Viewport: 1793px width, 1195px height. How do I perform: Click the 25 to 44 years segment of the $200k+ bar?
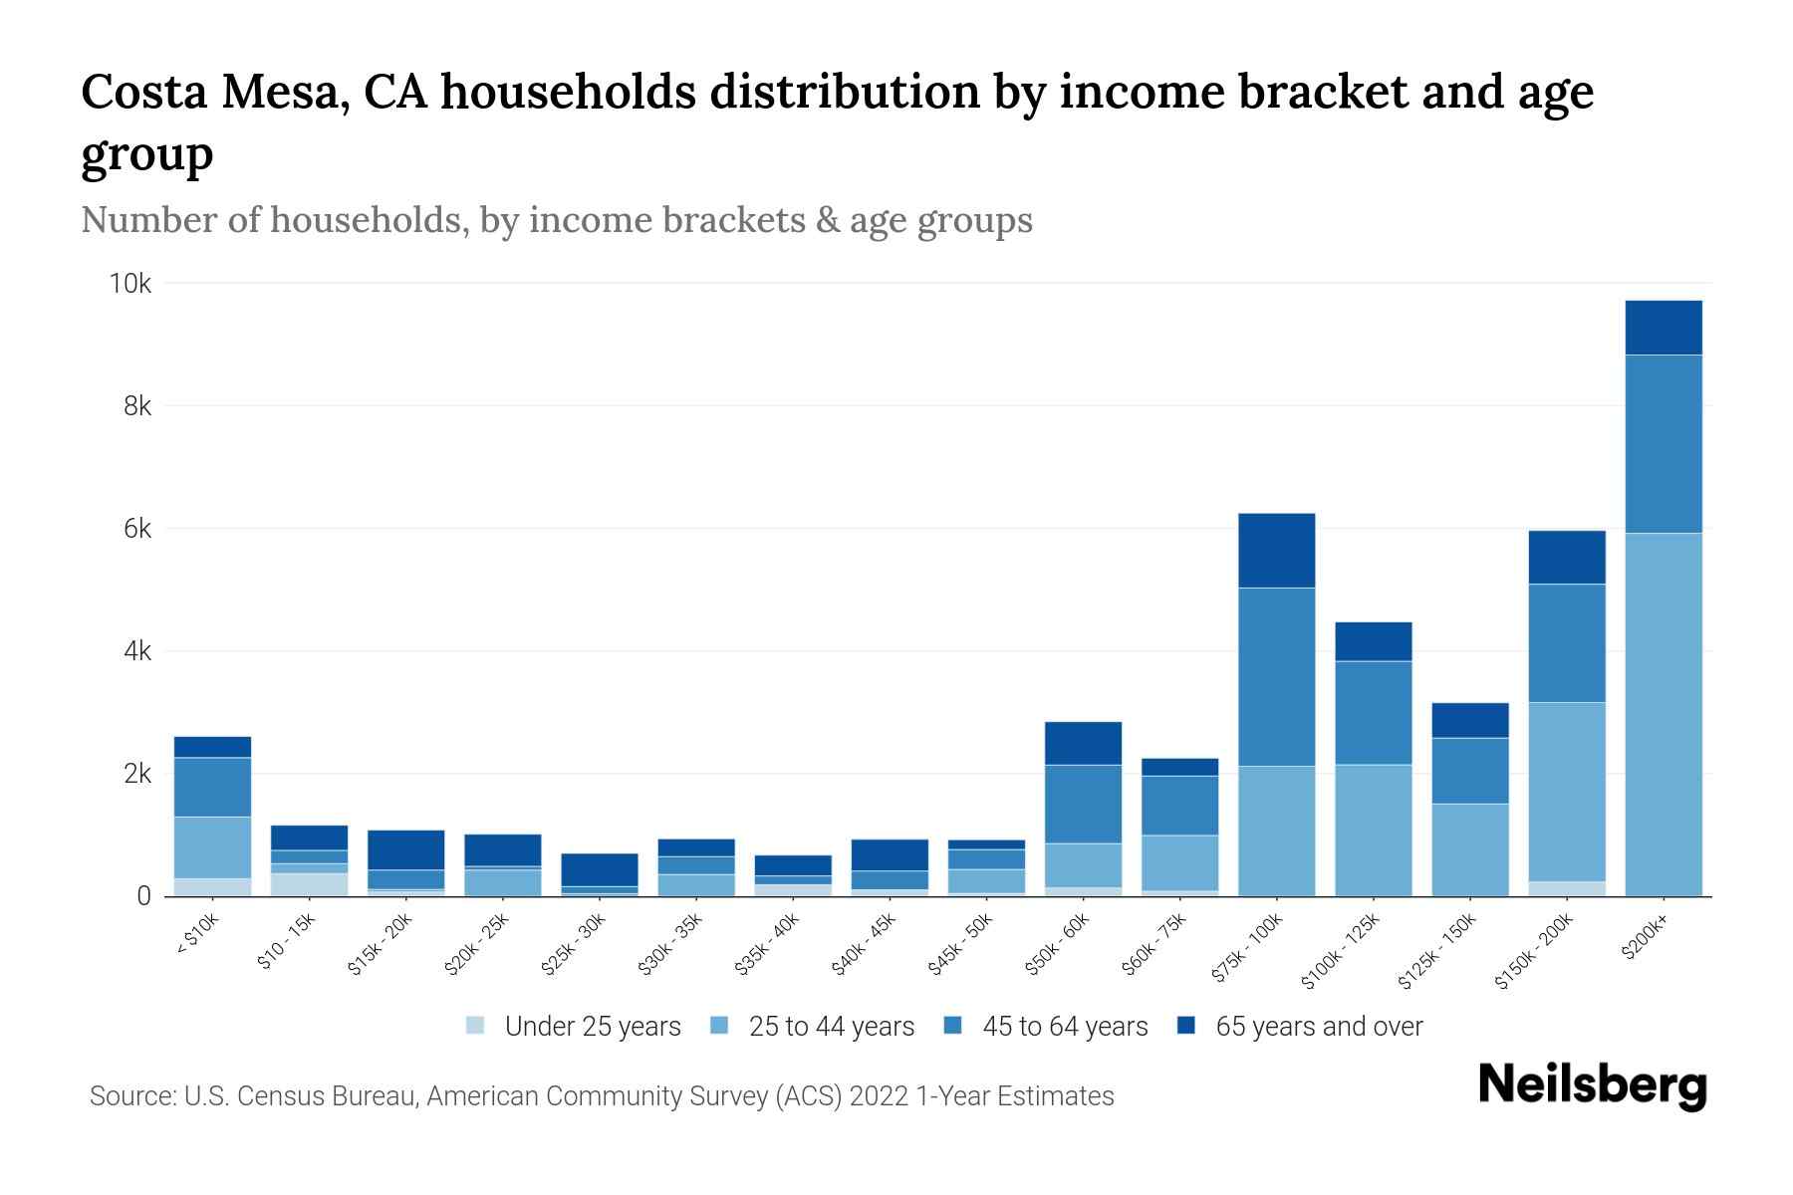pos(1663,714)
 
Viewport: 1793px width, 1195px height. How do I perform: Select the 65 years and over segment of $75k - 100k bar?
pos(1276,551)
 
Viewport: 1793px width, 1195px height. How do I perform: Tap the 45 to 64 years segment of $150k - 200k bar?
pos(1566,643)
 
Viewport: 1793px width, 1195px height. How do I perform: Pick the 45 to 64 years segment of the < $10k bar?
pos(212,787)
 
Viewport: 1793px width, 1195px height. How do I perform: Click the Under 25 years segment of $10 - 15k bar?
pos(309,884)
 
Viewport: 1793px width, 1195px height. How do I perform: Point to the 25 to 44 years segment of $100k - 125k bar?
pos(1373,830)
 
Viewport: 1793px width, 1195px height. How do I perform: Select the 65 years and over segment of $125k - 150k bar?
pos(1469,720)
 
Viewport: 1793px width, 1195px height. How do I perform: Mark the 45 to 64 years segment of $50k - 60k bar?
pos(1083,804)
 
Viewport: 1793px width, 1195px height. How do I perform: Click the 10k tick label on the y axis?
pos(129,285)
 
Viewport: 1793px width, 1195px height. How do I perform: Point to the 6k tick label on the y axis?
pos(137,530)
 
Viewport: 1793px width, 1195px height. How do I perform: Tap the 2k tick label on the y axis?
pos(137,775)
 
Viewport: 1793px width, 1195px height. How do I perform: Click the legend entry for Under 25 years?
pos(592,1027)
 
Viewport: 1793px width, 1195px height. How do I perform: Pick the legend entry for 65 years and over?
pos(1318,1027)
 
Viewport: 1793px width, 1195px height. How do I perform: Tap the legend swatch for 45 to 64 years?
pos(953,1026)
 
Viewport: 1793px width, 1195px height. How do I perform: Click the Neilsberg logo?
pos(1592,1085)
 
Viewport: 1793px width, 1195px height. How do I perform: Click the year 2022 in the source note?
pos(879,1096)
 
